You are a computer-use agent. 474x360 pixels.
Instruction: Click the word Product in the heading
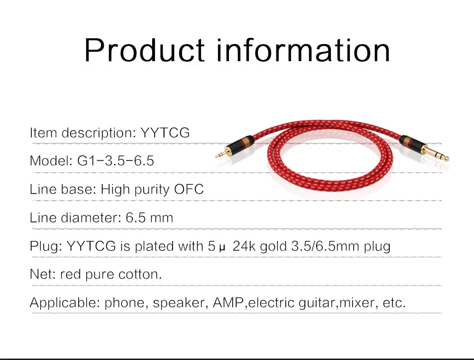(x=145, y=50)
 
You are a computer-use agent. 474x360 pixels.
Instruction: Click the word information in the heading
(x=303, y=50)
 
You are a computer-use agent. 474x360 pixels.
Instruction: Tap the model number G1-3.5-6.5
(x=116, y=161)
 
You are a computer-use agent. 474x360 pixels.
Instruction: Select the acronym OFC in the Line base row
(x=189, y=189)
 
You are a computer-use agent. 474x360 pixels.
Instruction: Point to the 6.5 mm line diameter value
(x=149, y=218)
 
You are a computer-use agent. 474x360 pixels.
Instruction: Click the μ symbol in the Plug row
(x=222, y=248)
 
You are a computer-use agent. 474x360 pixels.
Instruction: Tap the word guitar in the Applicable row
(x=319, y=303)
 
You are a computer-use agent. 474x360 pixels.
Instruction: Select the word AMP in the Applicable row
(x=228, y=303)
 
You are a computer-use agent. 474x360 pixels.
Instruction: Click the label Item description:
(x=83, y=132)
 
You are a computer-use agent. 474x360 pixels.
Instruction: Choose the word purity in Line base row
(x=152, y=190)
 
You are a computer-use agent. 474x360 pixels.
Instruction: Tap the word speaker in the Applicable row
(x=178, y=303)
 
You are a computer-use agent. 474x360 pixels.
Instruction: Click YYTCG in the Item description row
(x=165, y=132)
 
